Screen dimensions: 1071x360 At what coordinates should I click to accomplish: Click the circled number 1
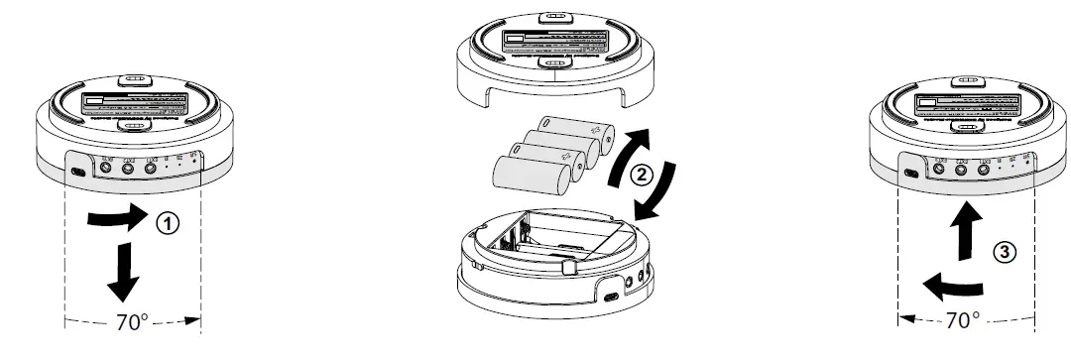(x=170, y=224)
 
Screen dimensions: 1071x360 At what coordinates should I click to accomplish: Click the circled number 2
(x=641, y=177)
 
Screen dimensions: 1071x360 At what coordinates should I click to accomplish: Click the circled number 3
(x=1002, y=252)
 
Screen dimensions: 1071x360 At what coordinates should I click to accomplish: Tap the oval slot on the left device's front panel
(x=78, y=172)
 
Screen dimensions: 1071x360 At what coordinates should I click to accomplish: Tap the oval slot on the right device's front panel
(x=911, y=172)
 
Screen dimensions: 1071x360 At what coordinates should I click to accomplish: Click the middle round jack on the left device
(x=127, y=169)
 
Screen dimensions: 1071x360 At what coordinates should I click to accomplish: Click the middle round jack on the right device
(x=960, y=170)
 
